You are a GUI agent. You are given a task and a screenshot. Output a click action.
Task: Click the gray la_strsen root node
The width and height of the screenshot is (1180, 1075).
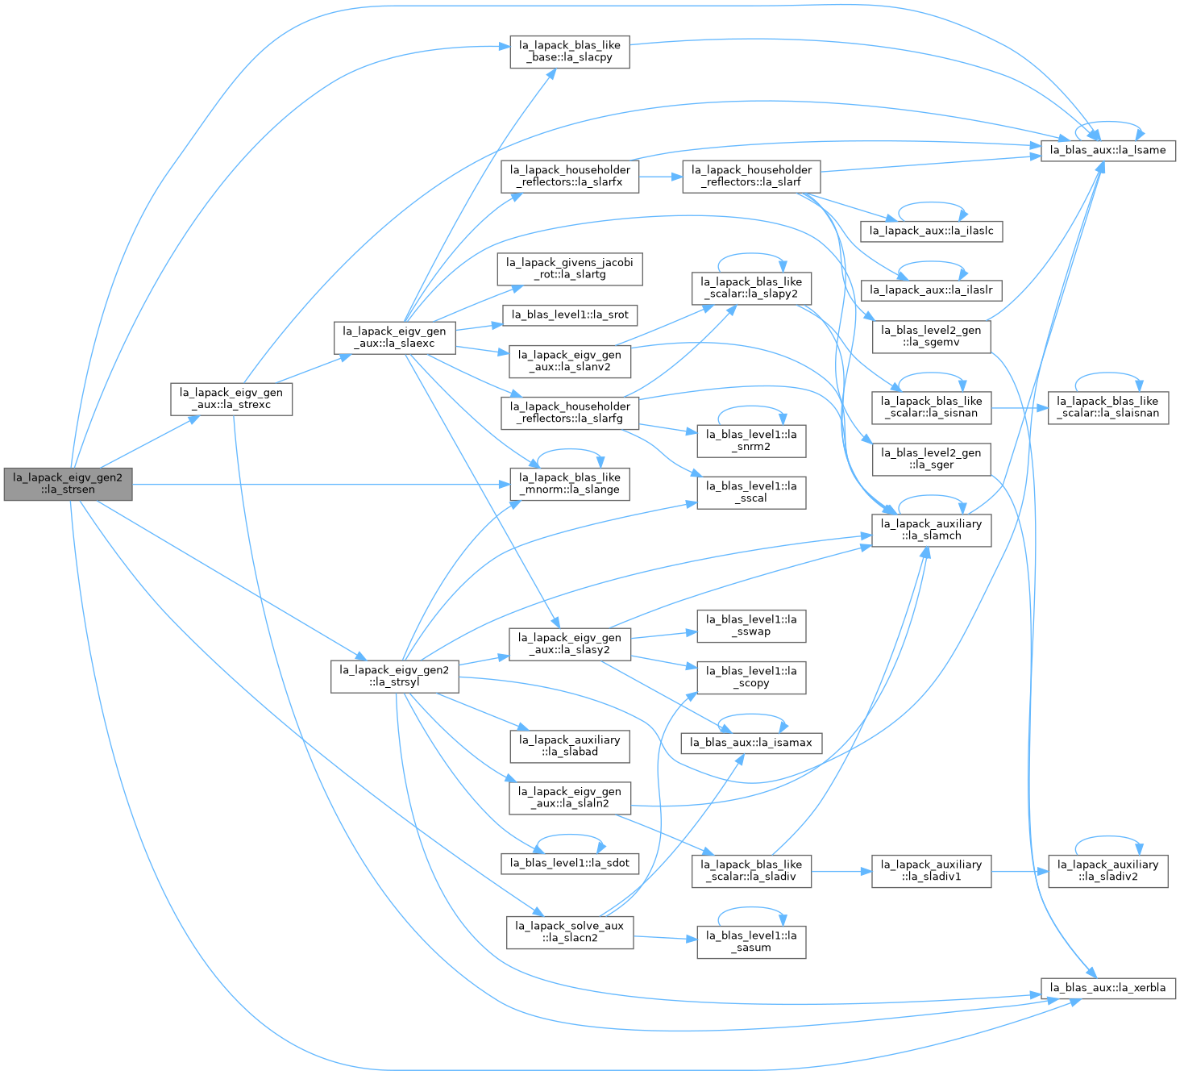coord(68,484)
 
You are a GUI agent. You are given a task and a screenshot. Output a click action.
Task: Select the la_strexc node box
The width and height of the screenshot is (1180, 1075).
coord(231,398)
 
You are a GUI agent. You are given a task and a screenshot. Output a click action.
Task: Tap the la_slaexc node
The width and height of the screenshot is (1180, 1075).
coord(394,337)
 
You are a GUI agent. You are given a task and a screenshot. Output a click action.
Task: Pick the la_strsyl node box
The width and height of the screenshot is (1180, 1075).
coord(394,676)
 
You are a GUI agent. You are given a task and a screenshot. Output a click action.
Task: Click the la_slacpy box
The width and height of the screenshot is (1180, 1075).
coord(569,52)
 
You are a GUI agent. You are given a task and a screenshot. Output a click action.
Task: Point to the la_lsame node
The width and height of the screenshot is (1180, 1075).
coord(1107,150)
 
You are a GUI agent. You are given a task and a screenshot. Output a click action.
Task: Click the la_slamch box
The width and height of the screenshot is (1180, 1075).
coord(931,530)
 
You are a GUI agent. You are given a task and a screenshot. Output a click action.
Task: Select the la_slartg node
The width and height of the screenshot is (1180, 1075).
coord(569,269)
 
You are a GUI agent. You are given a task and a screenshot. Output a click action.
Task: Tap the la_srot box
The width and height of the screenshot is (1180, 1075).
coord(569,315)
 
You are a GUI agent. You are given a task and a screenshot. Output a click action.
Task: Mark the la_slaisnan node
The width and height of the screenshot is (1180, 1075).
coord(1107,407)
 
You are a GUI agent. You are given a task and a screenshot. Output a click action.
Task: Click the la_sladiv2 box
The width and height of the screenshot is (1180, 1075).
coord(1107,871)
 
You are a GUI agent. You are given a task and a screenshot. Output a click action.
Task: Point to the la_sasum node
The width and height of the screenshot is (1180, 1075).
coord(751,941)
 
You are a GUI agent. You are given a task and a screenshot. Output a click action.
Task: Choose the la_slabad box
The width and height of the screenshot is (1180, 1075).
coord(569,746)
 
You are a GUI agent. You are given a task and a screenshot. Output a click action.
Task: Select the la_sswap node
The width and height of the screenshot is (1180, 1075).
coord(751,625)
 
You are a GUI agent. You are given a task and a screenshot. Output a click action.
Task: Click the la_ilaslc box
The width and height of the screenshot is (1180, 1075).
coord(931,231)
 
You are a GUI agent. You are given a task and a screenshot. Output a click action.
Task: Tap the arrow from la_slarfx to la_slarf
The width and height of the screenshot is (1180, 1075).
coord(661,177)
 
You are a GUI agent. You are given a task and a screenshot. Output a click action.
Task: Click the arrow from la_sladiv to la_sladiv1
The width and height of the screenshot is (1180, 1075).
coord(841,871)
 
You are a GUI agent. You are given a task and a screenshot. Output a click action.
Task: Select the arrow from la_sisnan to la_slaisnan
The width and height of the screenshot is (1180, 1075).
coord(1020,407)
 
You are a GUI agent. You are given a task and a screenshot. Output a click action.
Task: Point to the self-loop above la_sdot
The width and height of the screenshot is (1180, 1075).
coord(569,835)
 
